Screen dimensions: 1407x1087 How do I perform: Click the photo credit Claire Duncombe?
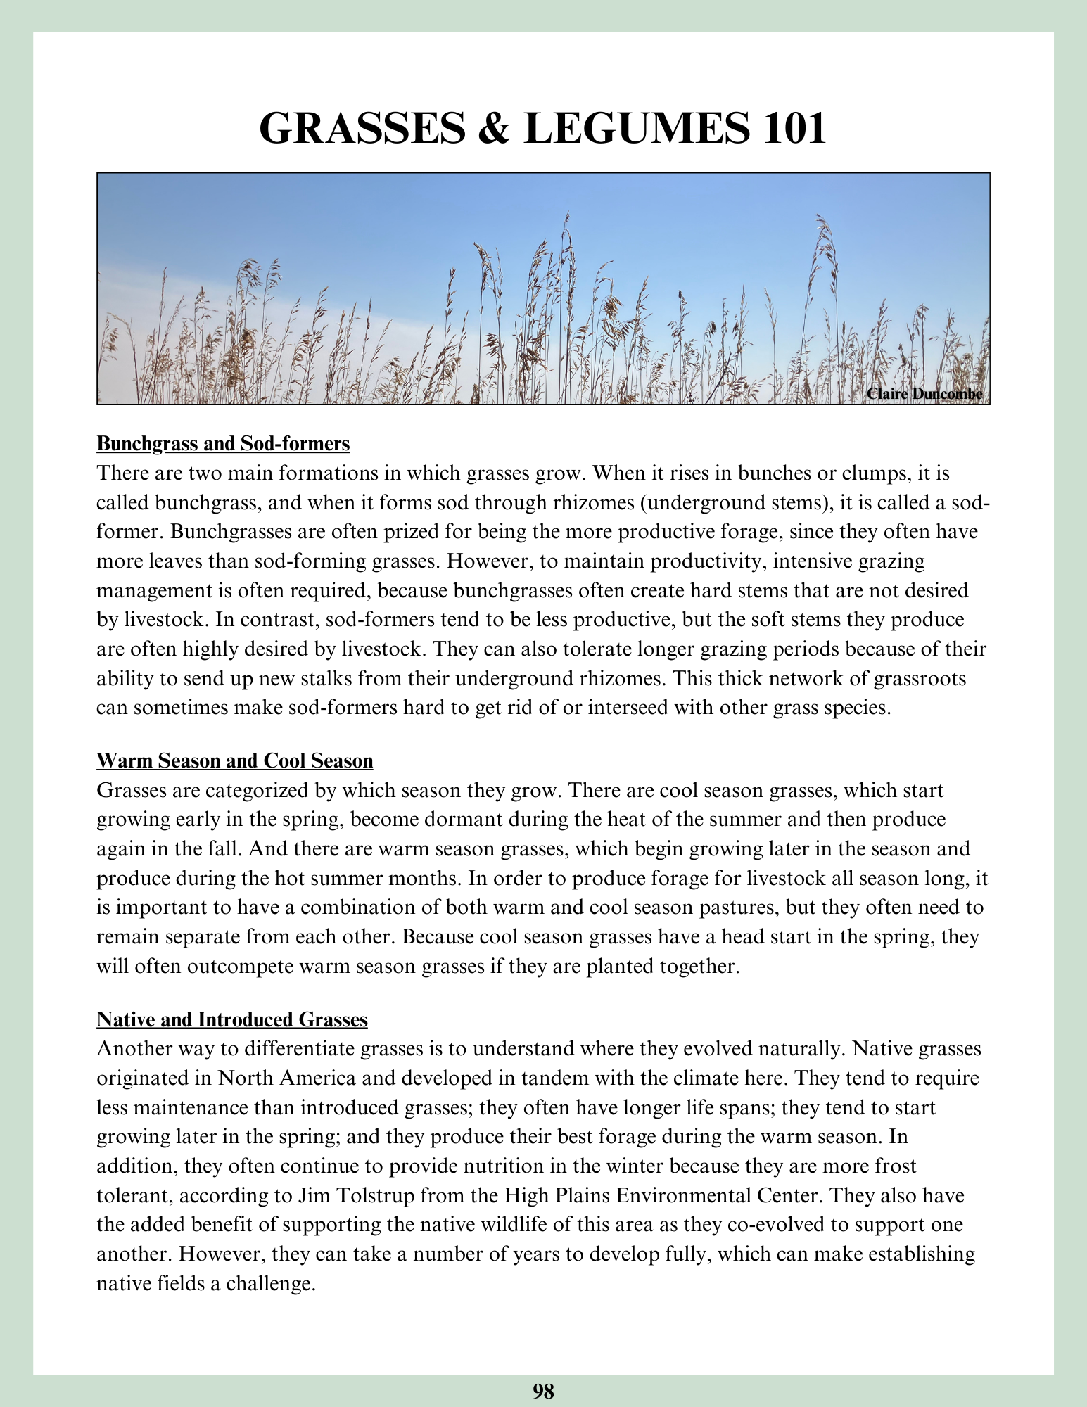coord(924,394)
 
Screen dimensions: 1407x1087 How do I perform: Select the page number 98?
coord(543,1391)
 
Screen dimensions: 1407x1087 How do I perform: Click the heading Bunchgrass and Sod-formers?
coord(223,444)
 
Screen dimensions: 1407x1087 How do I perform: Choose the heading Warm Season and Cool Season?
coord(234,760)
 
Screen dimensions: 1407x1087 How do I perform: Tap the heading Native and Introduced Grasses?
coord(231,1019)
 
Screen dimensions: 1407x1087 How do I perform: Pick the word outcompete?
coord(239,966)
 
